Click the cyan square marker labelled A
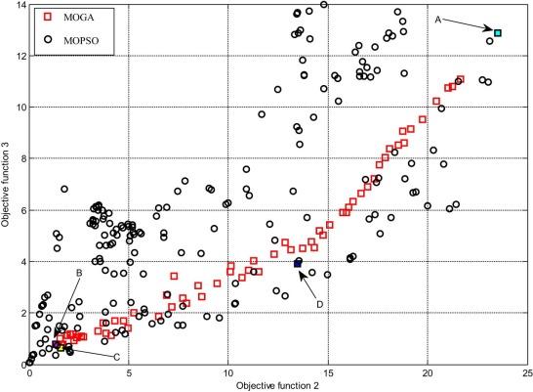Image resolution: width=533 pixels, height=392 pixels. (x=498, y=33)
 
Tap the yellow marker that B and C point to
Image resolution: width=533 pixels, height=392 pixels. (x=61, y=346)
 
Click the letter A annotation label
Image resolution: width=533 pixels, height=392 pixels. (x=438, y=19)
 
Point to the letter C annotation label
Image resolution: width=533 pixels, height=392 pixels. (x=116, y=357)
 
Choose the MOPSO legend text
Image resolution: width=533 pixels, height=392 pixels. (x=84, y=38)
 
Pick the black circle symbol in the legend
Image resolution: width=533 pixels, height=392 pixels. (x=48, y=38)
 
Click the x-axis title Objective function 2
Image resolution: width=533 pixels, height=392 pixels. (x=279, y=385)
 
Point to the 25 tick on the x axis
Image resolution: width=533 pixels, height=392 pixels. (x=527, y=372)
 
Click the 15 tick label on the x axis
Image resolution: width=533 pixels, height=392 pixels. (x=328, y=372)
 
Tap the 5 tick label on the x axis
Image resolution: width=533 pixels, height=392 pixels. (x=130, y=372)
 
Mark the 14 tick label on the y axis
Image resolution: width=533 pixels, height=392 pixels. (x=19, y=6)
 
